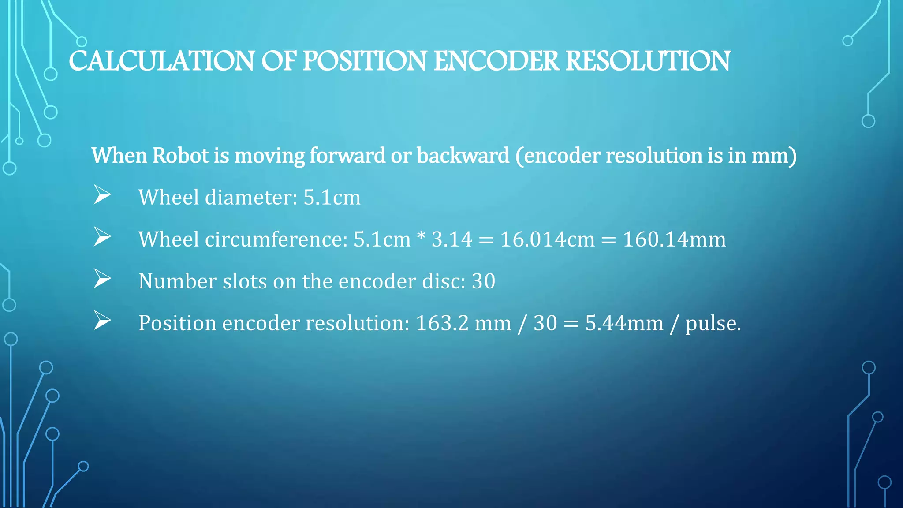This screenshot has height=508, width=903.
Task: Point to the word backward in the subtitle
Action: (463, 156)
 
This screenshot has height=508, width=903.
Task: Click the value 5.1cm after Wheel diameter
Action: (332, 197)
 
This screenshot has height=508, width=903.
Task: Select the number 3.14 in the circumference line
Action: (451, 239)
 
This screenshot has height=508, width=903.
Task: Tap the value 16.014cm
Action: (547, 239)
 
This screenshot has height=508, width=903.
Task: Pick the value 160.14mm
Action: (674, 239)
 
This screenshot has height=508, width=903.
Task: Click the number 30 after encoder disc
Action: (483, 281)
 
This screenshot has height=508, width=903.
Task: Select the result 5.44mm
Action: (624, 323)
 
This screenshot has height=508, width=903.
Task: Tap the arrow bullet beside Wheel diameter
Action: (102, 195)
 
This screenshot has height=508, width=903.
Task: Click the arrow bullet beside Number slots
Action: (102, 279)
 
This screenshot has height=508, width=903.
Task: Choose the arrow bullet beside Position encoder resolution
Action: (102, 321)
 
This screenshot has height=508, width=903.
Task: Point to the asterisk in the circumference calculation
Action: (421, 236)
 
